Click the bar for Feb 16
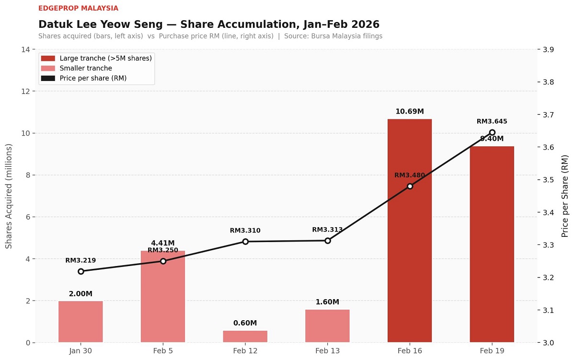pyautogui.click(x=410, y=231)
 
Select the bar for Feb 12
pyautogui.click(x=245, y=337)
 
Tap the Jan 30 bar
pyautogui.click(x=80, y=322)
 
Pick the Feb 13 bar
pyautogui.click(x=327, y=326)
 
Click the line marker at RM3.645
pyautogui.click(x=492, y=132)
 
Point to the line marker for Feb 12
pyautogui.click(x=245, y=242)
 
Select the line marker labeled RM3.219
pyautogui.click(x=80, y=271)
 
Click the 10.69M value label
pyautogui.click(x=410, y=112)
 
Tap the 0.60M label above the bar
pyautogui.click(x=245, y=323)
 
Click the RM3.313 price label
pyautogui.click(x=327, y=230)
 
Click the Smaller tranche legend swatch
pyautogui.click(x=48, y=68)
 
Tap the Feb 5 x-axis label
pyautogui.click(x=163, y=351)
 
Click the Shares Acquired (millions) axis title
pyautogui.click(x=9, y=196)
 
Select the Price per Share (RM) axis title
pyautogui.click(x=565, y=196)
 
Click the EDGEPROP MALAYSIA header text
pyautogui.click(x=78, y=8)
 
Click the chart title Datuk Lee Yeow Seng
pyautogui.click(x=209, y=24)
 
